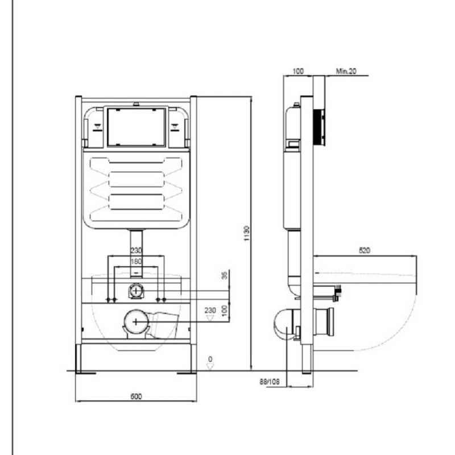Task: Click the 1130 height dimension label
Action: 246,233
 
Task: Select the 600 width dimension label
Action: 136,396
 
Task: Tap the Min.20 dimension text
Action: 346,71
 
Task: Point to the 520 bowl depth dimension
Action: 365,250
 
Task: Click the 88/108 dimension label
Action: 270,382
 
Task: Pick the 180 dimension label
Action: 136,261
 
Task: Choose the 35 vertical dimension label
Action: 225,275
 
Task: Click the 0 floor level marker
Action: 210,359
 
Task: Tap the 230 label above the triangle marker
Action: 210,310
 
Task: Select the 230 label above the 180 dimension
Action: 136,250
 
